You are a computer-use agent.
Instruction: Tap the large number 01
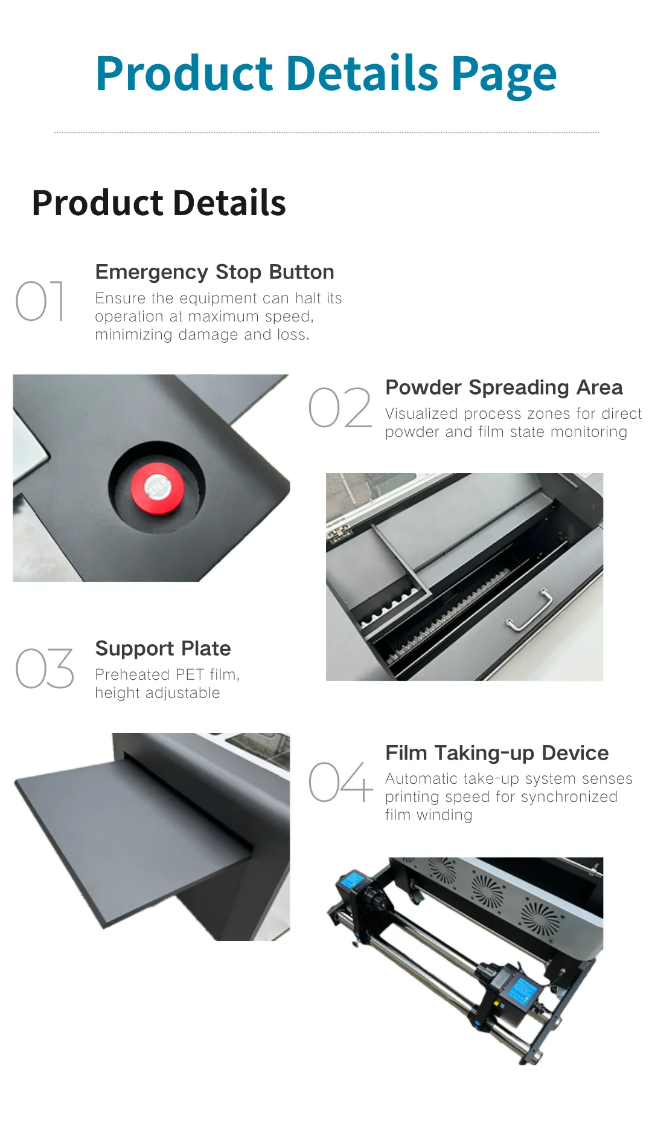click(40, 301)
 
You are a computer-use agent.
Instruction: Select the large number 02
click(340, 407)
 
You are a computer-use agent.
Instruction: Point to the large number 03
click(45, 668)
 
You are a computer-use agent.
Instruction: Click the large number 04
click(340, 782)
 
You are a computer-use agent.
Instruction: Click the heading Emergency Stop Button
click(214, 273)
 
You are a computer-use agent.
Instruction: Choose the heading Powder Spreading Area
click(504, 387)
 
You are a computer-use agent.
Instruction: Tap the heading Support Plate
click(163, 648)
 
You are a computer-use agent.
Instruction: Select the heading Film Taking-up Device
click(497, 753)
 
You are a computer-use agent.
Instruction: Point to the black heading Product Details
click(159, 202)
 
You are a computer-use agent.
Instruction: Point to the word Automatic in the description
click(422, 779)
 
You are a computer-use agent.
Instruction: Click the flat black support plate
click(133, 840)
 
